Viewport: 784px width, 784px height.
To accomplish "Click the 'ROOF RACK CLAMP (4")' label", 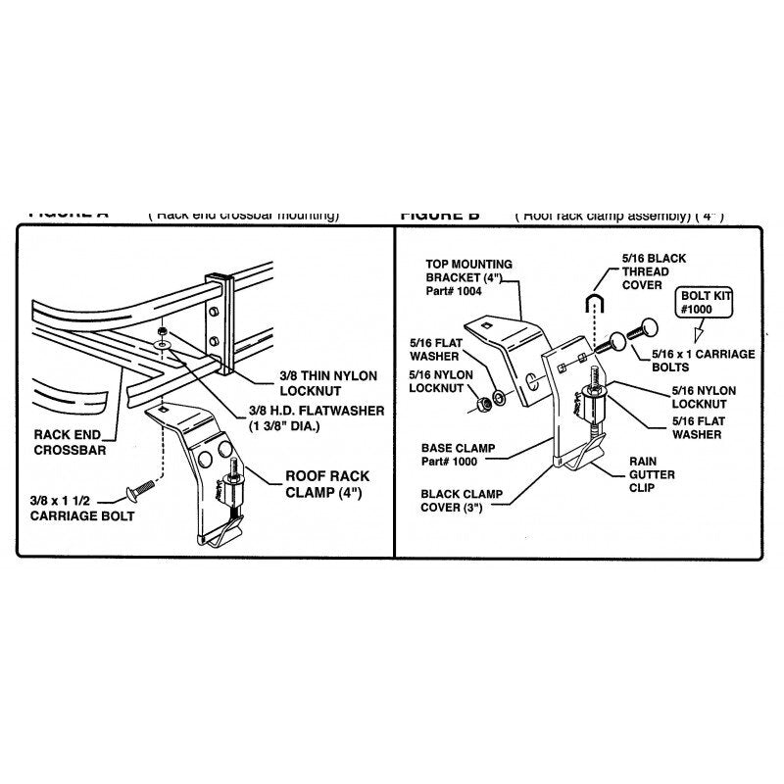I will pos(327,484).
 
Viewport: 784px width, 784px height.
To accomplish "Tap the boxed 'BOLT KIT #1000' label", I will pos(707,301).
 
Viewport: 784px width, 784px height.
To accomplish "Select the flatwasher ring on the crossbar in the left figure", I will pos(159,345).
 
